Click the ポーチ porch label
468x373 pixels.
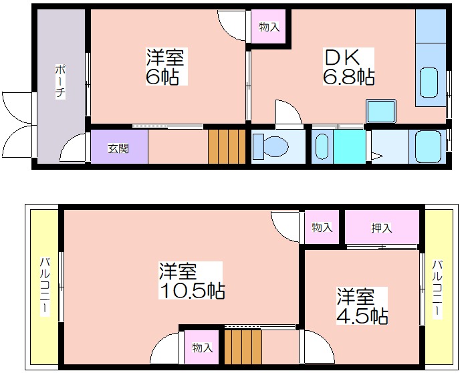60,82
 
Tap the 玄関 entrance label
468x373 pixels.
118,148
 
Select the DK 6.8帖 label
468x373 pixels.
348,67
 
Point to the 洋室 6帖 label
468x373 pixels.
166,66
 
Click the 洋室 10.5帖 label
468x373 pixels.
192,280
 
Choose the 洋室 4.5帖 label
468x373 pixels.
362,306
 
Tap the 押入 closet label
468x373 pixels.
382,228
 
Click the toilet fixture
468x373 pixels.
270,146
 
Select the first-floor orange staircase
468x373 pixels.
227,146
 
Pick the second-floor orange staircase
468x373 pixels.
243,346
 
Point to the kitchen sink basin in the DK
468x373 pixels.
429,82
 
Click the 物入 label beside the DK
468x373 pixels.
269,27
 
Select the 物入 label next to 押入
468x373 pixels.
322,227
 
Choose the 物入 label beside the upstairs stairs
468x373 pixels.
203,348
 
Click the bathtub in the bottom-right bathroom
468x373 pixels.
429,147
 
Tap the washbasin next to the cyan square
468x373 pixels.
322,146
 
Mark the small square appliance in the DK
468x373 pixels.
381,111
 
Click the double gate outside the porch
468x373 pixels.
18,124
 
